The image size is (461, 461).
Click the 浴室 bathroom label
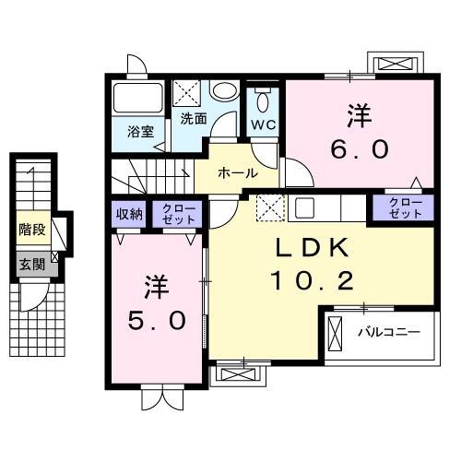pyautogui.click(x=141, y=131)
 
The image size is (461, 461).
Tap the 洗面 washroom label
pyautogui.click(x=193, y=118)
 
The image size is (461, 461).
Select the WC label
pyautogui.click(x=264, y=124)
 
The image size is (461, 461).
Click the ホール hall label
pyautogui.click(x=237, y=172)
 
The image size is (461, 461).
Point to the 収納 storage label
pyautogui.click(x=129, y=214)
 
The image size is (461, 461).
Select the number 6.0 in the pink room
pyautogui.click(x=360, y=148)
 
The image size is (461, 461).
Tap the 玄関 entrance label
pyautogui.click(x=30, y=264)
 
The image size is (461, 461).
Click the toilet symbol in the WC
pyautogui.click(x=264, y=100)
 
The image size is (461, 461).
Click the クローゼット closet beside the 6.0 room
pyautogui.click(x=403, y=207)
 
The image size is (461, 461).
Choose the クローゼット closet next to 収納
pyautogui.click(x=175, y=215)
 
